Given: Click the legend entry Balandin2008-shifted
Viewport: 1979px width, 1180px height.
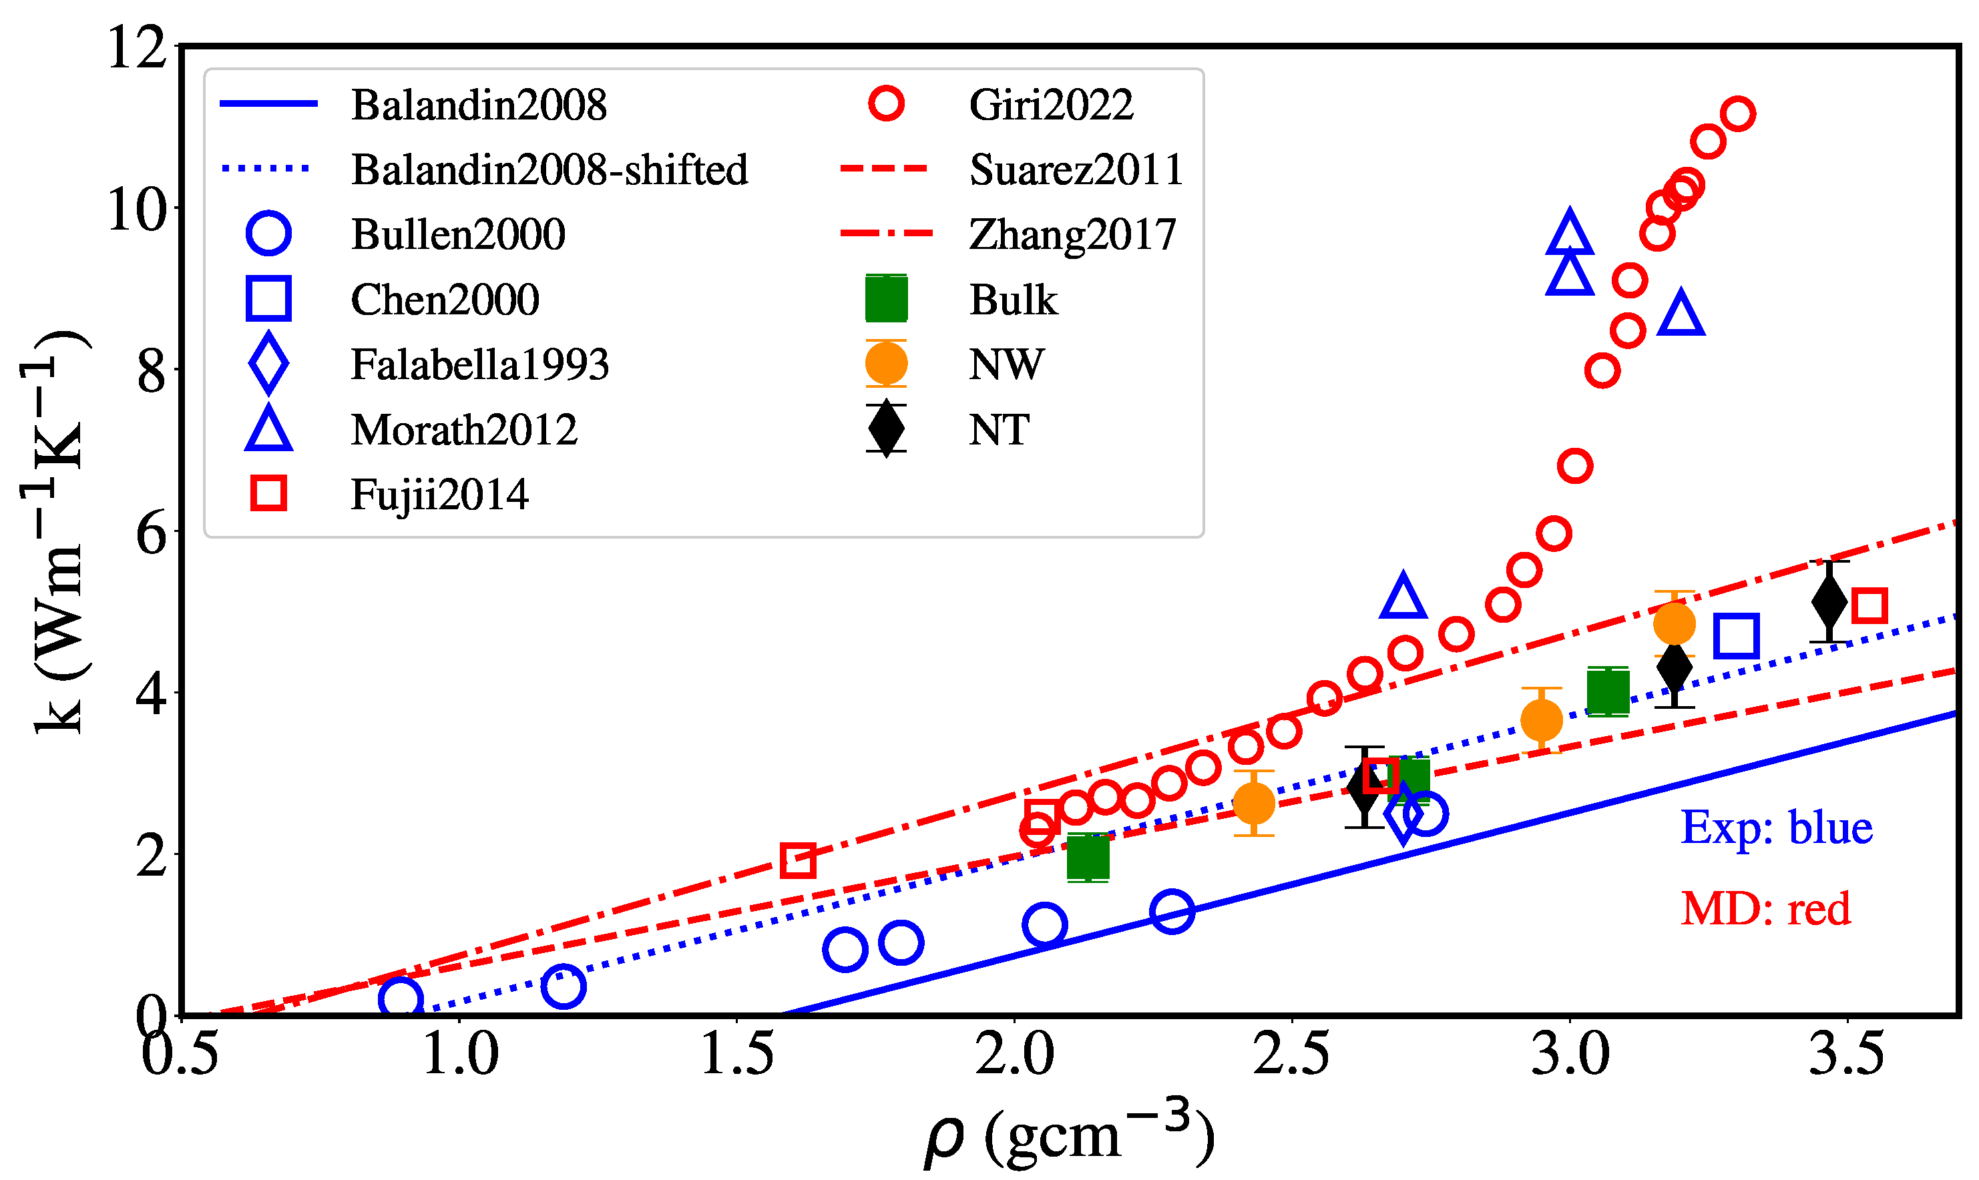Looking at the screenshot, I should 549,170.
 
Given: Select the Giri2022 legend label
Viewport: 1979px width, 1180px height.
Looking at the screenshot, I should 1050,105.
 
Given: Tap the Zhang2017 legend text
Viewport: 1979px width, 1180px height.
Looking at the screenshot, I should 1072,234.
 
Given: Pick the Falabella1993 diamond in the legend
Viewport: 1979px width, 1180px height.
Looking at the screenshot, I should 269,364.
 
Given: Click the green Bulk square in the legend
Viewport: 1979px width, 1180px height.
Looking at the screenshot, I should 886,299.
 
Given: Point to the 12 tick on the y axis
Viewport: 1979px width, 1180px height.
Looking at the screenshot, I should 137,47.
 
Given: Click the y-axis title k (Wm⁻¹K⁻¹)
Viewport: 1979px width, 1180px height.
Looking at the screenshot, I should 54,531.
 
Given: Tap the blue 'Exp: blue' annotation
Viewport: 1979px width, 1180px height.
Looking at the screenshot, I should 1776,828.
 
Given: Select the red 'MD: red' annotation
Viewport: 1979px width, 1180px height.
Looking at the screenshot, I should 1765,908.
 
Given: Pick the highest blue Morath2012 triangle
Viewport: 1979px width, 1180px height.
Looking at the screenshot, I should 1569,233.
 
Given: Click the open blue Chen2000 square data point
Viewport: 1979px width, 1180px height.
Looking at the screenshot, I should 1735,636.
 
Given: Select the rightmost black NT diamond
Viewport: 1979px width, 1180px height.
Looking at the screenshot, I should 1829,602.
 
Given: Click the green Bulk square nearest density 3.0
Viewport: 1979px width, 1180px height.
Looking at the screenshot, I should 1608,691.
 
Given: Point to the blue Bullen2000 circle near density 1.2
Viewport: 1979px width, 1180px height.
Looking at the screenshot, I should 563,986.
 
